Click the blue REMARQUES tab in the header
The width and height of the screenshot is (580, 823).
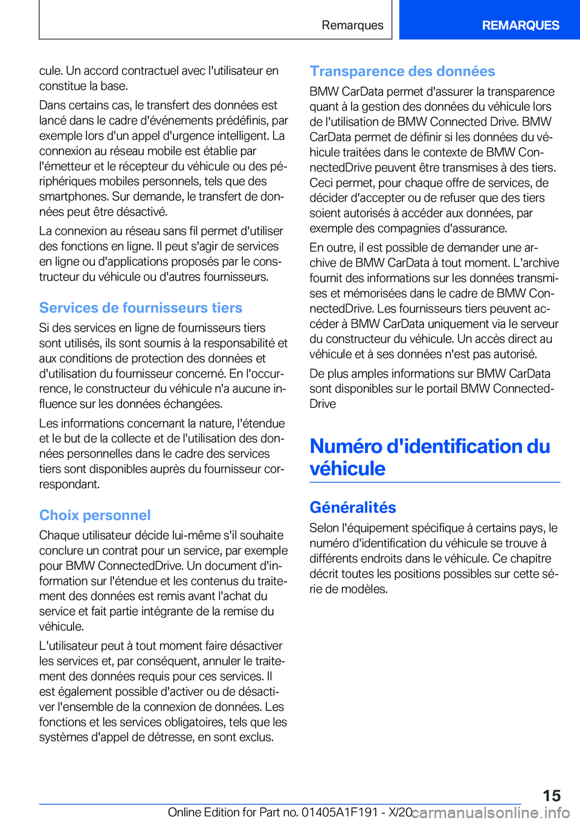coord(520,25)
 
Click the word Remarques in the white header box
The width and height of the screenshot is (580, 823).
coord(352,25)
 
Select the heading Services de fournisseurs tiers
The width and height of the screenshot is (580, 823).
coord(141,308)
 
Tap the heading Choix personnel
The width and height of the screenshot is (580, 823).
coord(95,515)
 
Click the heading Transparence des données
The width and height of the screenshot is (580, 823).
coord(402,71)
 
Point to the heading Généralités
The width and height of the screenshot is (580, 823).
coord(353,508)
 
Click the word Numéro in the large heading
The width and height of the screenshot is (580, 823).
coord(346,447)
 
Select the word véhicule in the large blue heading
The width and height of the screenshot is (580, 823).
coord(347,469)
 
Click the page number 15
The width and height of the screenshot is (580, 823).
coord(551,796)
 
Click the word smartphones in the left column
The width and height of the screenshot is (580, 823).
coord(74,196)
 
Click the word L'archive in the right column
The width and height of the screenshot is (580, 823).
coord(536,263)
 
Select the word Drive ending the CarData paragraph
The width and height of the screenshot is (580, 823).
coord(323,404)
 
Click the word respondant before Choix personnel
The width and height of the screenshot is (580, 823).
coord(69,484)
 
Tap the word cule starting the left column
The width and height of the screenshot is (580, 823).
coord(50,71)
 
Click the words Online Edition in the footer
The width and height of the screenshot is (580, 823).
coord(204,813)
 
